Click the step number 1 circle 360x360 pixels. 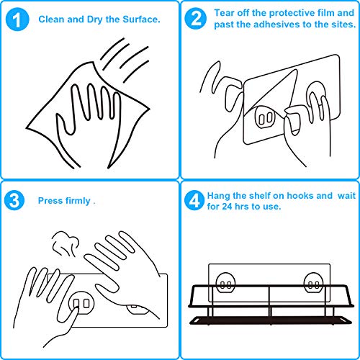[17, 19]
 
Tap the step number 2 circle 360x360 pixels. [196, 19]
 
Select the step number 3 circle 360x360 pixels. [14, 200]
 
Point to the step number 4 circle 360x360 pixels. [194, 200]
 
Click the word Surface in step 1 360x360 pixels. [141, 19]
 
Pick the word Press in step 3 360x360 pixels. [50, 201]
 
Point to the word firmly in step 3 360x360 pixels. [78, 201]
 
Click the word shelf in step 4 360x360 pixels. [260, 196]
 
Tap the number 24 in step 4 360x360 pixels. [227, 207]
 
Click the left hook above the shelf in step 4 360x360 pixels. [225, 283]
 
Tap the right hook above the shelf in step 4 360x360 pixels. [314, 283]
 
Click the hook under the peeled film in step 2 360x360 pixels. [265, 117]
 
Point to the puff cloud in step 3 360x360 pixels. [66, 243]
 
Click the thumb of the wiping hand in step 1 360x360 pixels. [65, 124]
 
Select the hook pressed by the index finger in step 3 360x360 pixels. [81, 303]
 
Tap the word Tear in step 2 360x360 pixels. [224, 13]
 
